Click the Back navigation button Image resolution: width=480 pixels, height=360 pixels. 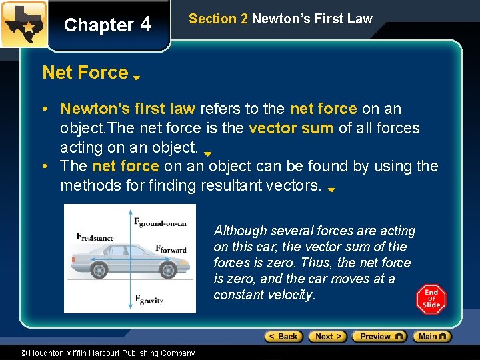click(x=283, y=337)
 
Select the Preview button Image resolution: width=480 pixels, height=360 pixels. click(x=379, y=337)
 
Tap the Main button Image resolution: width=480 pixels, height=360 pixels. click(x=432, y=337)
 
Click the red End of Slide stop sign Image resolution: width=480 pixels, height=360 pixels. click(x=431, y=299)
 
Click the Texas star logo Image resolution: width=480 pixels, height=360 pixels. click(x=23, y=24)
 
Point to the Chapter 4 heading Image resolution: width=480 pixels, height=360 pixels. click(x=108, y=25)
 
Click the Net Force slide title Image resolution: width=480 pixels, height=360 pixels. click(x=85, y=72)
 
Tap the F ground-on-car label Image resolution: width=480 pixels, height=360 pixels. click(x=161, y=223)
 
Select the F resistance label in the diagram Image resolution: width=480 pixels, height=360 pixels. click(x=95, y=236)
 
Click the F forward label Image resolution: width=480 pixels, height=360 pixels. click(x=171, y=249)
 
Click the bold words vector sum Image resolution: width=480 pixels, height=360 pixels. click(x=291, y=127)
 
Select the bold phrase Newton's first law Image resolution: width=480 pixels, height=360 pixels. click(x=127, y=108)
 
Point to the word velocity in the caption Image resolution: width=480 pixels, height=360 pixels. click(x=288, y=295)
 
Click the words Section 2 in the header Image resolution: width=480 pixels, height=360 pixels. click(x=218, y=19)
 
